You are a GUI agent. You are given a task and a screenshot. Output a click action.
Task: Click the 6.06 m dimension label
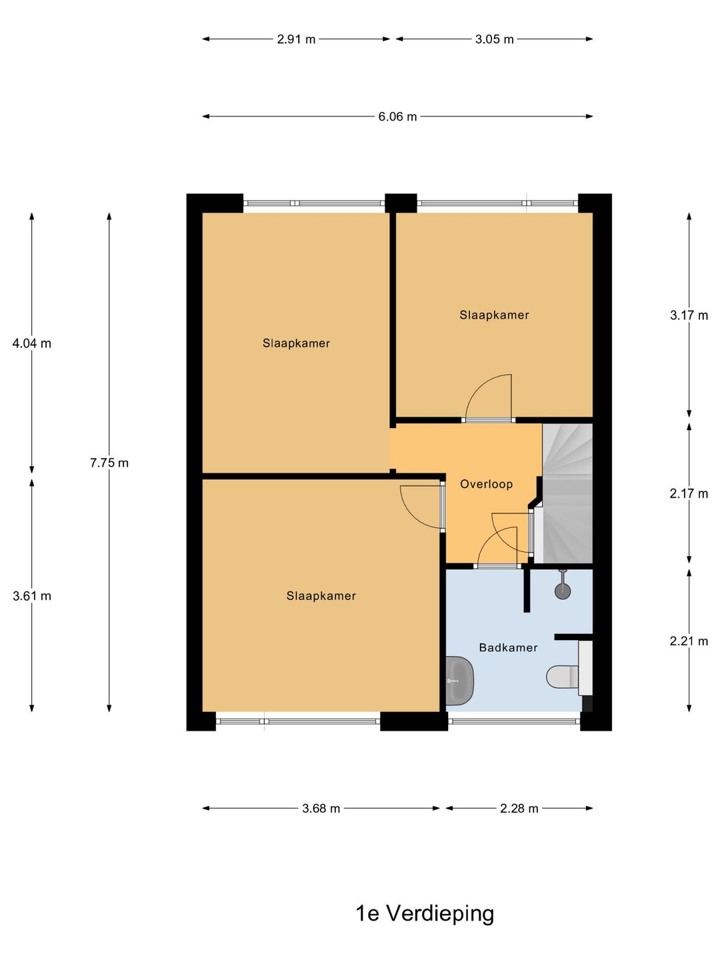(x=397, y=117)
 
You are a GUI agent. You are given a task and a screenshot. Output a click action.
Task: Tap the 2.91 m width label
(x=296, y=39)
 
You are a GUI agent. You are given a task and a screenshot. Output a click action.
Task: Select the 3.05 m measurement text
(x=494, y=39)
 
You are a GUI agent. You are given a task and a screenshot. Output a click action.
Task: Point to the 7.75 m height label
(x=109, y=463)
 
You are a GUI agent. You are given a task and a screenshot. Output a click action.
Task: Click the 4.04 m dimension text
(x=31, y=344)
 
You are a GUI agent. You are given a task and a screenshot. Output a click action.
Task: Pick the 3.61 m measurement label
(x=31, y=596)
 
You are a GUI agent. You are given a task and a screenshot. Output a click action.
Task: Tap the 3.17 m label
(x=689, y=315)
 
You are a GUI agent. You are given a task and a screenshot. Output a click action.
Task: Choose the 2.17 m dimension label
(x=689, y=494)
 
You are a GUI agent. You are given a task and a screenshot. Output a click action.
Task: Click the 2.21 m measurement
(x=689, y=641)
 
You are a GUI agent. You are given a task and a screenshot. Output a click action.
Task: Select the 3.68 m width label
(x=321, y=809)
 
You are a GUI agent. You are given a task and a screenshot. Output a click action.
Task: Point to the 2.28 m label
(x=519, y=809)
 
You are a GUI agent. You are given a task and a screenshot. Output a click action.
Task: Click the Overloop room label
(x=486, y=484)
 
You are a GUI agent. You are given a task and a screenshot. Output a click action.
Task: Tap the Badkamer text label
(x=508, y=647)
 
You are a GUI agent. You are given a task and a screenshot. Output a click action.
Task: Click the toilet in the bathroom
(x=564, y=677)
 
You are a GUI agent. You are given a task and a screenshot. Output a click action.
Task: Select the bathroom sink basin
(x=459, y=681)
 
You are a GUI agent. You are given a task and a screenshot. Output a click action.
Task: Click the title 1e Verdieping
(x=425, y=913)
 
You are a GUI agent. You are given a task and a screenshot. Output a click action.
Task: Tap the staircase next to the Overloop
(x=567, y=493)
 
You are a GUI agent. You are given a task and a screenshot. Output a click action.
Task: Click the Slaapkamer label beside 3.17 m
(x=494, y=315)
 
